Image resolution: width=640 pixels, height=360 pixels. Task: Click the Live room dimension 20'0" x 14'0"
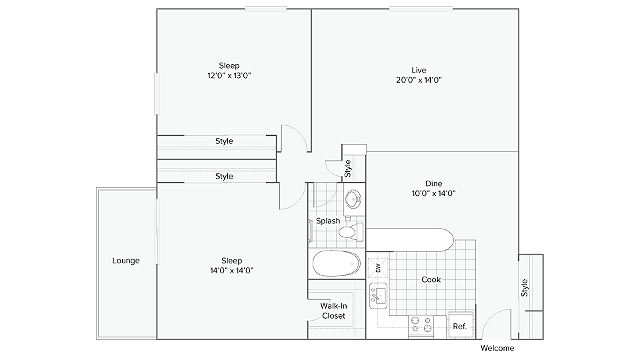(x=419, y=80)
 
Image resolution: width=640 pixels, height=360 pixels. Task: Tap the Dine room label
(x=433, y=183)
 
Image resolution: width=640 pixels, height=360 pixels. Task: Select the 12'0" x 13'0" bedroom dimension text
(x=229, y=75)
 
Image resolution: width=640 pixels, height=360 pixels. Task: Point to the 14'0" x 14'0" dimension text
(x=232, y=270)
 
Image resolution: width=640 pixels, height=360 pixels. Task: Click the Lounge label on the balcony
(x=126, y=260)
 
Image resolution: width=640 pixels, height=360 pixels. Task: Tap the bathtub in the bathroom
(x=337, y=264)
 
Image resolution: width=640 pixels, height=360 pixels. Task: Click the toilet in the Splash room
(x=351, y=231)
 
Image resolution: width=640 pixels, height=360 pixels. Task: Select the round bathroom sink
(x=353, y=200)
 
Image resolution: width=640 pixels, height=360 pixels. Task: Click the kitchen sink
(x=378, y=296)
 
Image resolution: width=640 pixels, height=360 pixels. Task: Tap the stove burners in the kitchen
(x=422, y=324)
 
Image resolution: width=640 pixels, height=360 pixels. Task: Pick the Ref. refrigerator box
(x=461, y=325)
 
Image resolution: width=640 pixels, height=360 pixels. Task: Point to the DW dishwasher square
(x=378, y=268)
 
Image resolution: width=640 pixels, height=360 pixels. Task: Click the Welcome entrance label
(x=497, y=348)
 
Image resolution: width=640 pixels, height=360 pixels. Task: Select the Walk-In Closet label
(x=334, y=311)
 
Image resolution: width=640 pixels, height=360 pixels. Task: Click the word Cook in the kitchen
(x=431, y=279)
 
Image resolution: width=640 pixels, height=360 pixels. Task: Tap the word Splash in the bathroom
(x=328, y=221)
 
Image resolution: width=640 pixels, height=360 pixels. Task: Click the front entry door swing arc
(x=492, y=316)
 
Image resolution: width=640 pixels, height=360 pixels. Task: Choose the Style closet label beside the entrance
(x=524, y=288)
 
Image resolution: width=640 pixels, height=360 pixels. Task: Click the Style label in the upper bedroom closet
(x=224, y=141)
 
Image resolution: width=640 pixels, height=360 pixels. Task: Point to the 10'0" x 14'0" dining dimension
(x=433, y=193)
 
